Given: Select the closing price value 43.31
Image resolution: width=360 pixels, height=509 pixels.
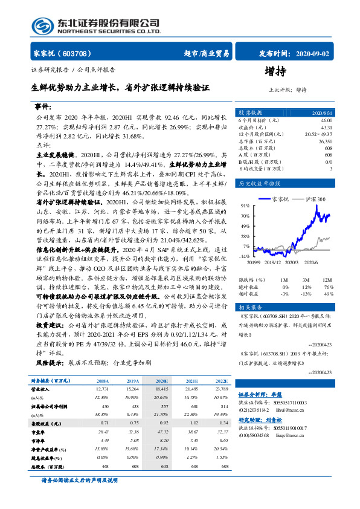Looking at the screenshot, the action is pyautogui.click(x=325, y=128).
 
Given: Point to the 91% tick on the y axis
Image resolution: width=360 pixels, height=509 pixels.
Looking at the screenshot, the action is pyautogui.click(x=246, y=206).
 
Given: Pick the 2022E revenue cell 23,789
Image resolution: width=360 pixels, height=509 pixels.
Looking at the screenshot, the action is pyautogui.click(x=222, y=391).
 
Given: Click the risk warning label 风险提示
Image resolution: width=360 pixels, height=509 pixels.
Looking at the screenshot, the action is pyautogui.click(x=50, y=363).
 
